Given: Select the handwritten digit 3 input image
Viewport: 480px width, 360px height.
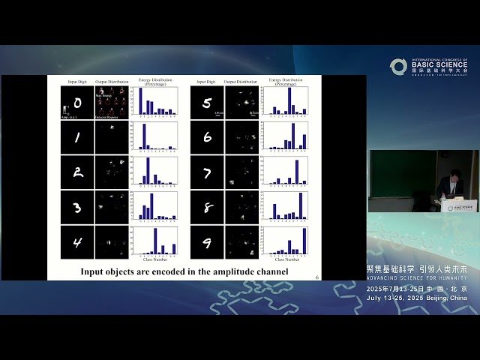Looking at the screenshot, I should click(x=77, y=206).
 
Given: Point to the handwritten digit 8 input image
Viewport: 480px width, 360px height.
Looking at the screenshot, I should click(x=206, y=206).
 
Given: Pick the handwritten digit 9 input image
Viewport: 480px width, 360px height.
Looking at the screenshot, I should click(x=206, y=241).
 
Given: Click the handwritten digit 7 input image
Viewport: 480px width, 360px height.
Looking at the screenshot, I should click(x=206, y=172).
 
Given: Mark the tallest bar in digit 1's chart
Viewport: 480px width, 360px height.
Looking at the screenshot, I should click(x=143, y=136).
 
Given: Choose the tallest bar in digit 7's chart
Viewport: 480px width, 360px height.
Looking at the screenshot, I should click(x=297, y=172).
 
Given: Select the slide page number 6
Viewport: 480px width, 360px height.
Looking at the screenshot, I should click(x=317, y=277).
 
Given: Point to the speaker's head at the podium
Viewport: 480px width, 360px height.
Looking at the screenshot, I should click(x=453, y=182).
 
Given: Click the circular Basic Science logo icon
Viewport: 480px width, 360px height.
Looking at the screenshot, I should click(x=398, y=67).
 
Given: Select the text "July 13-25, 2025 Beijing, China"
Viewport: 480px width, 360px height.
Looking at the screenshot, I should click(x=417, y=298).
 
